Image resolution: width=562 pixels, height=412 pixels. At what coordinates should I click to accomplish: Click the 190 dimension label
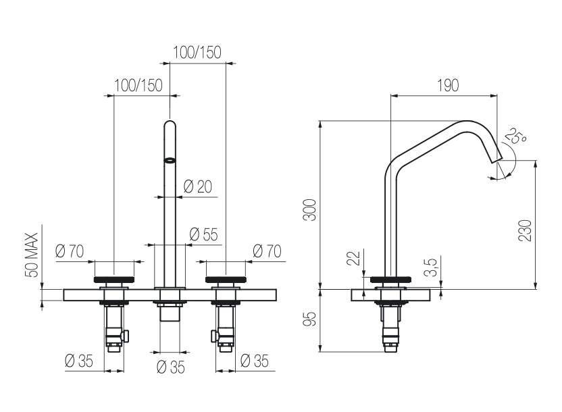pyautogui.click(x=448, y=86)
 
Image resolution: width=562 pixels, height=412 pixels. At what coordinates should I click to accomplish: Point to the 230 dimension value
pyautogui.click(x=525, y=230)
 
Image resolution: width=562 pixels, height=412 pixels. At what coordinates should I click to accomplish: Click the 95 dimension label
pyautogui.click(x=310, y=319)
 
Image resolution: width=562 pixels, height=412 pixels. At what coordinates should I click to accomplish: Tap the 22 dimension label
pyautogui.click(x=353, y=258)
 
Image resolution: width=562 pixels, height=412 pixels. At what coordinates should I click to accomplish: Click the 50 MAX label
pyautogui.click(x=32, y=255)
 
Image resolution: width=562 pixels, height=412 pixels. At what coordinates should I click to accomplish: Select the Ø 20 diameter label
pyautogui.click(x=197, y=186)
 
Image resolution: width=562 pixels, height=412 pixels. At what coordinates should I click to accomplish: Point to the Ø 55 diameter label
pyautogui.click(x=203, y=234)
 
